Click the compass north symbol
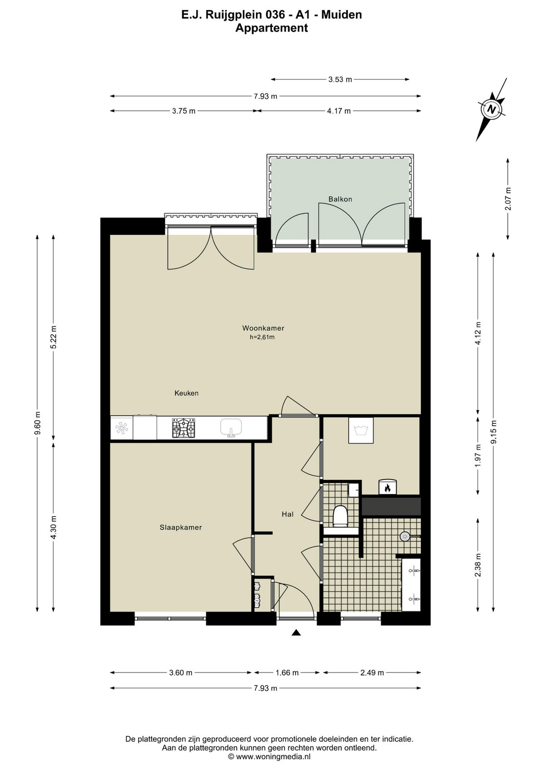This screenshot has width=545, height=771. (492, 109)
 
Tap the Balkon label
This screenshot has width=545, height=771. (340, 199)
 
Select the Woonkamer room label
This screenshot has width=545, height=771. (263, 328)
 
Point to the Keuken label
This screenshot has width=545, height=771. (187, 393)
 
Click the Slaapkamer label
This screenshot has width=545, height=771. (181, 527)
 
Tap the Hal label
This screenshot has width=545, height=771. (287, 514)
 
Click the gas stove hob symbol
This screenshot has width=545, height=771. (183, 428)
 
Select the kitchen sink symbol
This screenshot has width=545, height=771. (231, 428)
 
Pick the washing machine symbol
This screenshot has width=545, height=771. (361, 430)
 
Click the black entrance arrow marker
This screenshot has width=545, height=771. (296, 632)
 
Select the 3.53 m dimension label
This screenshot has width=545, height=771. (340, 80)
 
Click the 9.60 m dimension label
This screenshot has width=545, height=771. (37, 423)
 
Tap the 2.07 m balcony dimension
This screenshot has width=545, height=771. (508, 199)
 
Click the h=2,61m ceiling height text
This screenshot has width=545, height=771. (262, 337)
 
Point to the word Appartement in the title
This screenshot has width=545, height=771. (272, 28)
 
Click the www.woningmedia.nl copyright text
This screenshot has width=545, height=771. (269, 754)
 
